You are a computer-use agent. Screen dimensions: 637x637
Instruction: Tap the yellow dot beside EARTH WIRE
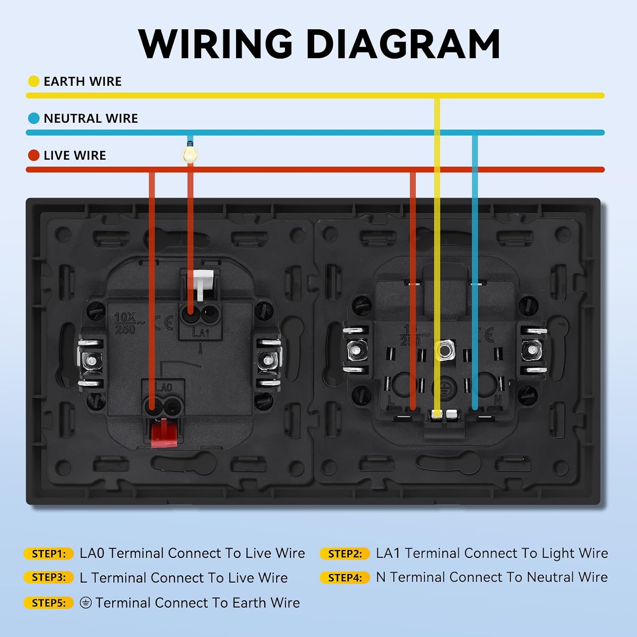pos(34,81)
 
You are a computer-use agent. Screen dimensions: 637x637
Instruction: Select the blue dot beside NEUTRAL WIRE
pos(34,118)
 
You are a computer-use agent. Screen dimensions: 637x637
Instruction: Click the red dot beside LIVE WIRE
pos(34,155)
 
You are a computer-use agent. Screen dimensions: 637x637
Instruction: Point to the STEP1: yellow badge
pos(49,554)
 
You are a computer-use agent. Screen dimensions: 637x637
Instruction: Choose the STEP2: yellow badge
pos(345,554)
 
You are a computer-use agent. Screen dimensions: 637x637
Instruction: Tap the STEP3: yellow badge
pos(49,578)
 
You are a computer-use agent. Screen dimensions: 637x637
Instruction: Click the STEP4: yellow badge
pos(345,578)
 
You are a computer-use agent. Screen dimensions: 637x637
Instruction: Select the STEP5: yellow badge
pos(49,603)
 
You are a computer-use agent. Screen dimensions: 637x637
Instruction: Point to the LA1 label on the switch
pos(200,333)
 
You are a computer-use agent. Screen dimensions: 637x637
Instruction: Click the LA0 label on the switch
pos(163,387)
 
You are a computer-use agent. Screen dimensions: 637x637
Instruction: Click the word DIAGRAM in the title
pos(403,44)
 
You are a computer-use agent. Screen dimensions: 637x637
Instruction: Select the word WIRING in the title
pos(216,44)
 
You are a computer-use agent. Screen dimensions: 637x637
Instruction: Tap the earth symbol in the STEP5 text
pos(86,603)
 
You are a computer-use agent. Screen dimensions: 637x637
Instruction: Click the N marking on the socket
pos(498,400)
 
